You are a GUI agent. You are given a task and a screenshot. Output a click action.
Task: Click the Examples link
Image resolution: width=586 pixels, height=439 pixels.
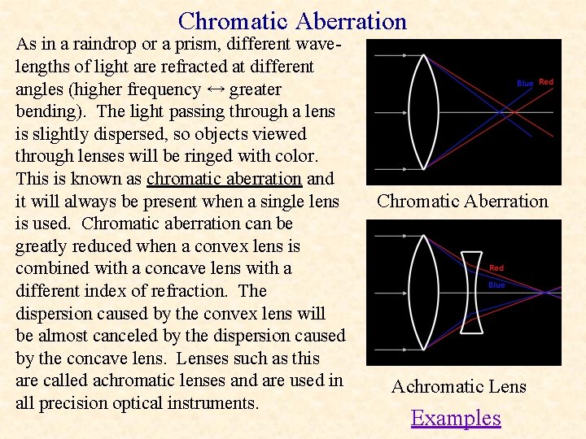(x=456, y=418)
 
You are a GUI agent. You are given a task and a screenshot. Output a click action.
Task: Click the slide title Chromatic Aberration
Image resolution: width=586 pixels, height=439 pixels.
(x=292, y=20)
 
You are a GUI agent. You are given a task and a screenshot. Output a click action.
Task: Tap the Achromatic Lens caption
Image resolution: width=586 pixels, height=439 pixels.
(x=459, y=387)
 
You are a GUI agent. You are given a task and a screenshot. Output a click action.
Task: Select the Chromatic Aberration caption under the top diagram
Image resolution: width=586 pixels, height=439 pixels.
(x=462, y=201)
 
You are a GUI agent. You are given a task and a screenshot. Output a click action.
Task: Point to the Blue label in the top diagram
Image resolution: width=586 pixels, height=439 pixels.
(x=525, y=84)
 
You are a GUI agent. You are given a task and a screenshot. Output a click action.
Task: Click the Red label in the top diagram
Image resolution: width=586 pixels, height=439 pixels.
(x=546, y=82)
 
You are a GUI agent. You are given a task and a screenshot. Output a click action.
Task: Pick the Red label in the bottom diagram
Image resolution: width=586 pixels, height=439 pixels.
(x=496, y=267)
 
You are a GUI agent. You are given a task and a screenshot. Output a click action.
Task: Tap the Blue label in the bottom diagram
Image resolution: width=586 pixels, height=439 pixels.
(x=496, y=285)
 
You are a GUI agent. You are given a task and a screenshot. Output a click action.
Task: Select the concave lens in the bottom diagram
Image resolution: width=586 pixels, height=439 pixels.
(x=471, y=292)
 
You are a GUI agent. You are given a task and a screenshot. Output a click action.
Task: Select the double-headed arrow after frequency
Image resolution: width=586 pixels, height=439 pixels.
(x=216, y=89)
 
